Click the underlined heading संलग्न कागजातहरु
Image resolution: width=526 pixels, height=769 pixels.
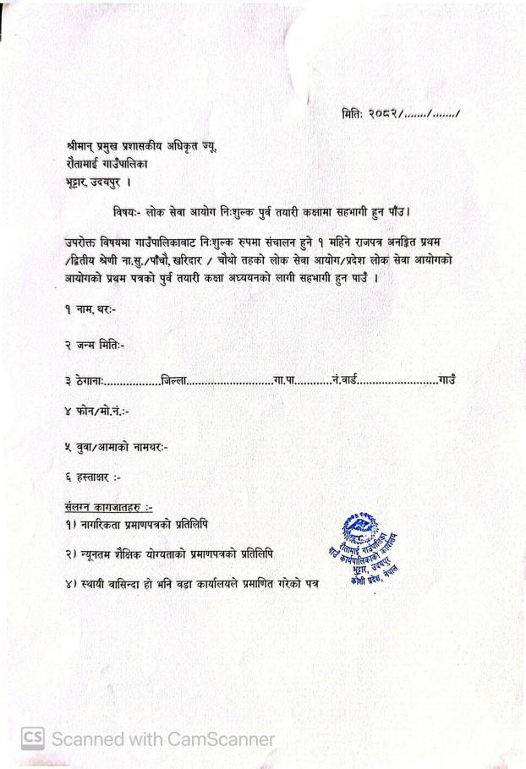click(x=107, y=507)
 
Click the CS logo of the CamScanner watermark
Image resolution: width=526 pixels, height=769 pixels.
click(x=33, y=739)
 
